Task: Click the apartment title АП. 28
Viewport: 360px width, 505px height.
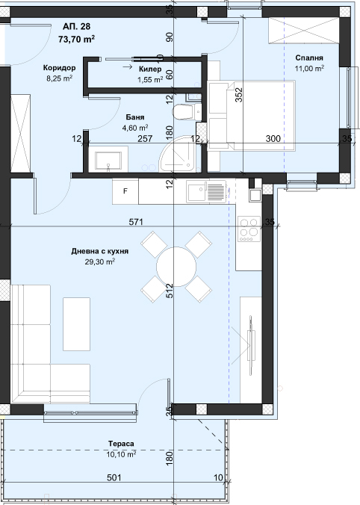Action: tap(77, 26)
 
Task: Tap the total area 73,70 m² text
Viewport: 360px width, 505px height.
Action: tap(77, 40)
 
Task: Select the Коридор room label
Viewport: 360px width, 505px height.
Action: tap(60, 68)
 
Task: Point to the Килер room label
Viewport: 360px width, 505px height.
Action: tap(150, 69)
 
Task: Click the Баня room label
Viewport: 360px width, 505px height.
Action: tap(135, 117)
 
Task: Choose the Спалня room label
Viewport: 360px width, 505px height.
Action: tap(309, 58)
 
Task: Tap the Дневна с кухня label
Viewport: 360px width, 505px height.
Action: tap(100, 251)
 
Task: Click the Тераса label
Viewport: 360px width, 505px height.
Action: tap(121, 444)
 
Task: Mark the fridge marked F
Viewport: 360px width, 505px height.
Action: tap(125, 191)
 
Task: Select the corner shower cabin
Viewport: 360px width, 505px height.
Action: tap(179, 154)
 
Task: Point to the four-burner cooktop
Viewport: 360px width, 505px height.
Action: tap(249, 229)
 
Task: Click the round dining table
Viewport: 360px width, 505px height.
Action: tap(176, 267)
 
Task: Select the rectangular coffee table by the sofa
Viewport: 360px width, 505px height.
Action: tap(76, 324)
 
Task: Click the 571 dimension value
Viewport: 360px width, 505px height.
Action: tap(136, 222)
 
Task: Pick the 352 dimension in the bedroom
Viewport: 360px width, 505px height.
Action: tap(238, 95)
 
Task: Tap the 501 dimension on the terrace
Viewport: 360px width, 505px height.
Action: tap(114, 477)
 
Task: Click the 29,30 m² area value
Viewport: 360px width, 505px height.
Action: tap(100, 262)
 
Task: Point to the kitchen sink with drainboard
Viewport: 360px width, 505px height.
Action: tap(206, 192)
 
